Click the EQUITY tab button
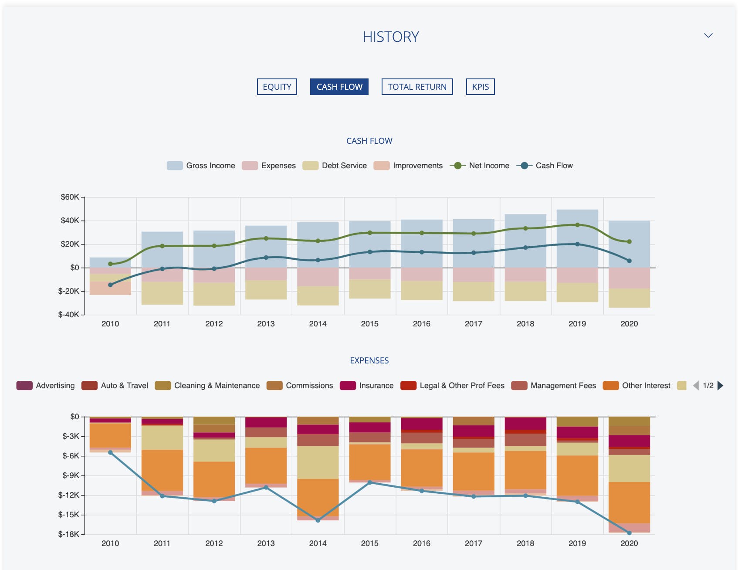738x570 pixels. click(x=277, y=87)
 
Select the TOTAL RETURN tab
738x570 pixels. click(x=417, y=87)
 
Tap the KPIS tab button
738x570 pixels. click(x=480, y=87)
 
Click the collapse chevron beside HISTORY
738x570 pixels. click(x=708, y=36)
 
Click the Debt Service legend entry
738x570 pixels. click(x=335, y=166)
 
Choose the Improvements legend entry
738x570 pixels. click(x=408, y=166)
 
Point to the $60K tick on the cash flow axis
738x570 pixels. click(x=70, y=197)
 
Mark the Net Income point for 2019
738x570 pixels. click(x=577, y=225)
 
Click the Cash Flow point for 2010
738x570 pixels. click(x=110, y=285)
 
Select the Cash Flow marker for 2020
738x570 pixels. click(x=629, y=261)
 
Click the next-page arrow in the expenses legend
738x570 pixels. click(x=721, y=386)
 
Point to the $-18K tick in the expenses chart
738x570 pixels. click(x=68, y=534)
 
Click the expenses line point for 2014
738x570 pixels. click(x=318, y=520)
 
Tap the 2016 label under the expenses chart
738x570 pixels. click(x=421, y=543)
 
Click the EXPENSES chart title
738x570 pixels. click(x=369, y=361)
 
